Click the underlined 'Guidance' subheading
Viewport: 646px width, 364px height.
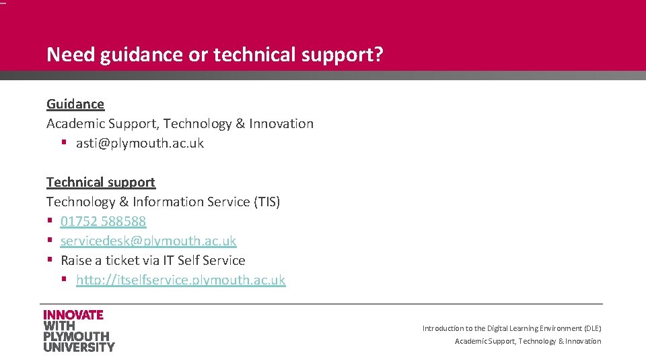pyautogui.click(x=75, y=104)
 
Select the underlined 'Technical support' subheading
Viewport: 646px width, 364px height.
pyautogui.click(x=101, y=182)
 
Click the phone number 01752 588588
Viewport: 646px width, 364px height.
pyautogui.click(x=103, y=221)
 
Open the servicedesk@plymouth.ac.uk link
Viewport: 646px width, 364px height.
pyautogui.click(x=148, y=241)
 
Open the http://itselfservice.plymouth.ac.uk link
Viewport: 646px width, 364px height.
pyautogui.click(x=180, y=280)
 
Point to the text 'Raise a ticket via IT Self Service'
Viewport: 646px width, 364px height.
pyautogui.click(x=153, y=260)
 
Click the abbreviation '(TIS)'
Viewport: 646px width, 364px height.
pyautogui.click(x=266, y=202)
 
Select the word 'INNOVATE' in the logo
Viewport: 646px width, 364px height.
pyautogui.click(x=73, y=315)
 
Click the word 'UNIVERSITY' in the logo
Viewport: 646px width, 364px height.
pyautogui.click(x=79, y=346)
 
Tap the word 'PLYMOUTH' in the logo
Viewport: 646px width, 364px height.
pyautogui.click(x=76, y=336)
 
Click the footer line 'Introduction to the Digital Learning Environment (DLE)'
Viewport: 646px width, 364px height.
pyautogui.click(x=511, y=328)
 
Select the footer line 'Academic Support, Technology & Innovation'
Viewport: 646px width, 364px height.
pyautogui.click(x=528, y=341)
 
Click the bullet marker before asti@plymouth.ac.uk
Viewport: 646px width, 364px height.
pyautogui.click(x=64, y=143)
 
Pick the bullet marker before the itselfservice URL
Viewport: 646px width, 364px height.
pyautogui.click(x=64, y=280)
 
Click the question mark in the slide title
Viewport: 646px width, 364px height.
pyautogui.click(x=378, y=55)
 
